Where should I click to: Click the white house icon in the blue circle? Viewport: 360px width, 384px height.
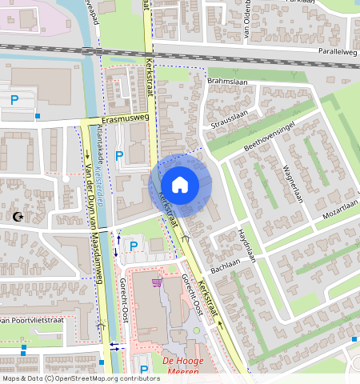pos(180,185)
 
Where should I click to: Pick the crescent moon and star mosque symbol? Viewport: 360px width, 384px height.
pos(18,215)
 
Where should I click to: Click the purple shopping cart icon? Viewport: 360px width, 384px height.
pos(157,282)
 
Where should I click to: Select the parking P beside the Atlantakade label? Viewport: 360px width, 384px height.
pos(119,155)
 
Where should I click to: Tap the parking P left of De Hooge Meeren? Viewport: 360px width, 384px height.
pos(144,369)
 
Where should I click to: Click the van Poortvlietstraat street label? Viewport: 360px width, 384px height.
pos(32,320)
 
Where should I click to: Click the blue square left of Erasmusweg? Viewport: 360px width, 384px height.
pos(38,116)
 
